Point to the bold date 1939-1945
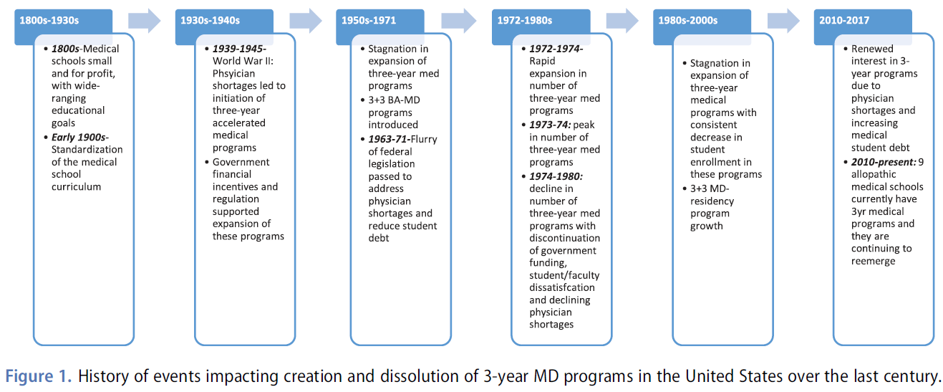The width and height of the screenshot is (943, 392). click(x=239, y=49)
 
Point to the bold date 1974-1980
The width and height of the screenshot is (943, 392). click(x=556, y=176)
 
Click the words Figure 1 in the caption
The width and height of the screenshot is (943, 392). click(x=38, y=376)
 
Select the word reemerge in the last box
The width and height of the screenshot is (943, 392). click(x=873, y=261)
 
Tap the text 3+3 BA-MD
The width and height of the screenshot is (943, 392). click(x=395, y=100)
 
